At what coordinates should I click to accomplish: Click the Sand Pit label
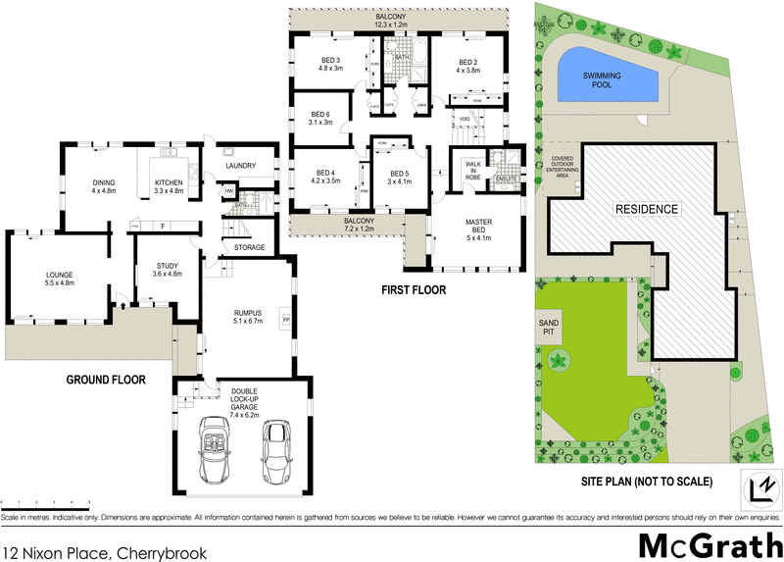(548, 327)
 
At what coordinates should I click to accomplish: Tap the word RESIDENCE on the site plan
(646, 209)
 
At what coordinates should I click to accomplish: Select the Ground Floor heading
(106, 379)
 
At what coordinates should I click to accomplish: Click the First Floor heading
(413, 290)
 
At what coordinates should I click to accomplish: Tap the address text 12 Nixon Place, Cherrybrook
(105, 553)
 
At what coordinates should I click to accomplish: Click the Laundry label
(240, 166)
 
